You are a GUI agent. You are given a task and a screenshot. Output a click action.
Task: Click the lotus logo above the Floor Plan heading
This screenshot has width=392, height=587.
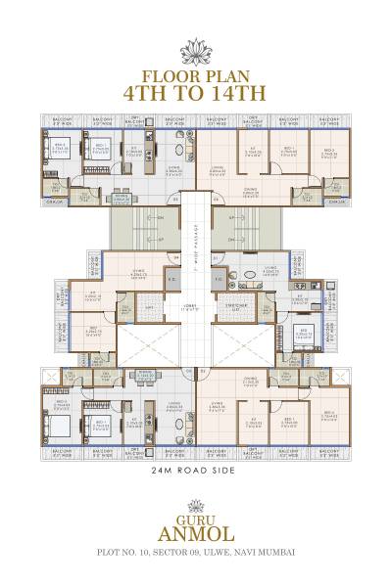(196, 52)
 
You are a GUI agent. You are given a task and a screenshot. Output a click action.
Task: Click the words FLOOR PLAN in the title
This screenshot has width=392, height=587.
(196, 75)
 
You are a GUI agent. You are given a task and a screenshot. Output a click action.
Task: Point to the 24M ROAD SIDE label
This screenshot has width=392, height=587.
(196, 472)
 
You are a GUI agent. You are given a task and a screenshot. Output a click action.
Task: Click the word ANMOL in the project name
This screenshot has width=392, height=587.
(196, 532)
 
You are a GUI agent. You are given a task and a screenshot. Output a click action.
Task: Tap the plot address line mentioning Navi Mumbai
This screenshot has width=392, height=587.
(196, 554)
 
